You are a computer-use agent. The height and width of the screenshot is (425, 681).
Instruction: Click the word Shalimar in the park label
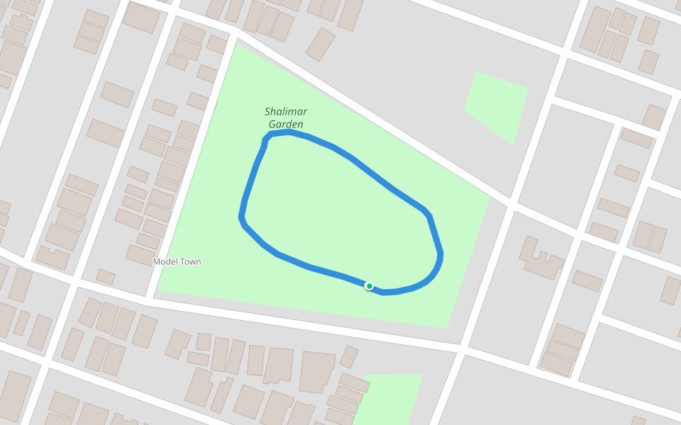(285, 112)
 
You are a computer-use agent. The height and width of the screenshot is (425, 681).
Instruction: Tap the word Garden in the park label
(286, 125)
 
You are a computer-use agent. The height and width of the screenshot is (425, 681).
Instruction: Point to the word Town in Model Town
(189, 262)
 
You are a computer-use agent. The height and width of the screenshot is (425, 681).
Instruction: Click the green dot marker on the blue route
(369, 286)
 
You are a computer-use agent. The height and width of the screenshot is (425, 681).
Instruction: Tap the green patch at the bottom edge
(392, 397)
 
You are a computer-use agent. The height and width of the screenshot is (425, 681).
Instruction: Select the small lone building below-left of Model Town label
(106, 276)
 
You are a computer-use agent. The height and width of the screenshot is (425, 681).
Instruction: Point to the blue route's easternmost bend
(441, 254)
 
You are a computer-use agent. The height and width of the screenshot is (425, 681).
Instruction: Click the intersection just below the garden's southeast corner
(463, 348)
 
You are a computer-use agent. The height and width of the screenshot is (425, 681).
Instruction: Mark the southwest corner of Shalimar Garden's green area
(157, 290)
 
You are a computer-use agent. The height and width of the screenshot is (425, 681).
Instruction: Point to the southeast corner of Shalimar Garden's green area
(447, 327)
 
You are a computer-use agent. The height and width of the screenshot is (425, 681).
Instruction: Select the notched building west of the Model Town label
(53, 257)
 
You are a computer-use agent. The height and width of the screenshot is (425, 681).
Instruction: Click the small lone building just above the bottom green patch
(348, 356)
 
